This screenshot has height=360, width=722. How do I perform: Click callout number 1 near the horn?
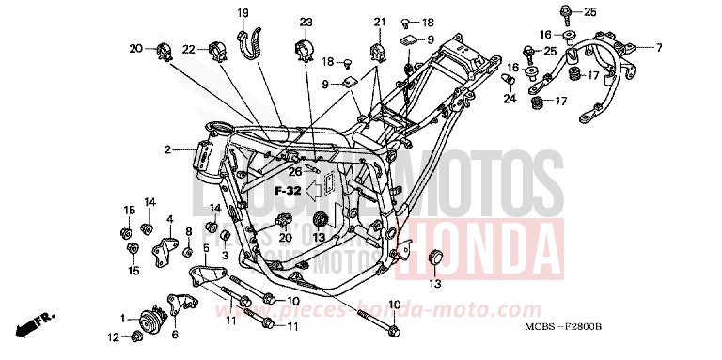122,318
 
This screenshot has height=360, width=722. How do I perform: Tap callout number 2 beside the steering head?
166,149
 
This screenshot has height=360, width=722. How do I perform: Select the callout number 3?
225,255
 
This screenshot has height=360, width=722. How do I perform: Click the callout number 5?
205,248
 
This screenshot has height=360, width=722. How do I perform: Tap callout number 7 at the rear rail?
658,47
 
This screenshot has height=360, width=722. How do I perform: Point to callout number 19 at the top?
242,12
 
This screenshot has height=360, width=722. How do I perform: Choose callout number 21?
379,22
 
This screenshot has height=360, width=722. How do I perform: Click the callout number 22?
188,49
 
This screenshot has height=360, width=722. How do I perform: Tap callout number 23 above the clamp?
306,22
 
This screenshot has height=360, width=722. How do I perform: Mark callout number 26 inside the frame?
295,172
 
